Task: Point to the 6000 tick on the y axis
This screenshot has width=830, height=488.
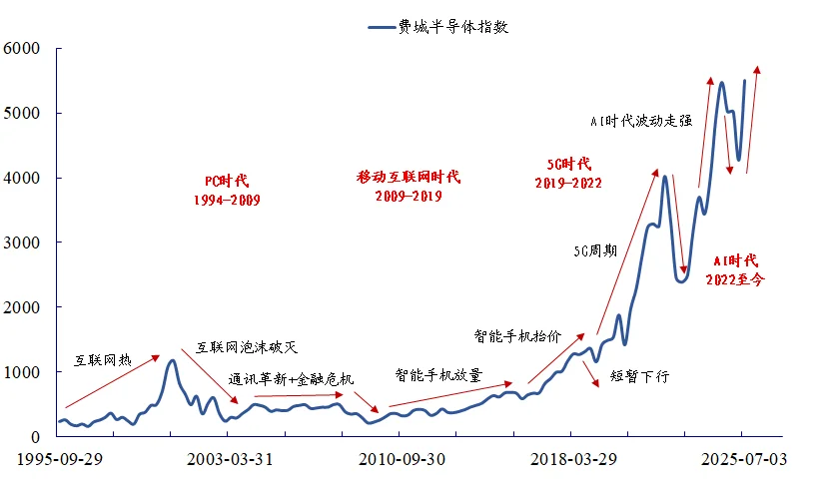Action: click(21, 48)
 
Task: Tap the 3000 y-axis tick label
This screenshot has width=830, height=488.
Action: click(21, 243)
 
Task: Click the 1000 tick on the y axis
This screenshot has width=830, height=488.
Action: click(21, 372)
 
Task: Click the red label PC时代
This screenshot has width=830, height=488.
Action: click(227, 181)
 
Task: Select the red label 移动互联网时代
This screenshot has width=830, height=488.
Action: click(409, 177)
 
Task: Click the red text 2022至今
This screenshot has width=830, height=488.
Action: click(736, 280)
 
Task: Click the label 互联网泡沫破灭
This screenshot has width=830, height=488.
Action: click(247, 347)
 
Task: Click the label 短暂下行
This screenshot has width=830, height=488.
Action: click(640, 378)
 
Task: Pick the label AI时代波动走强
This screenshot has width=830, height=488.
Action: click(640, 121)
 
